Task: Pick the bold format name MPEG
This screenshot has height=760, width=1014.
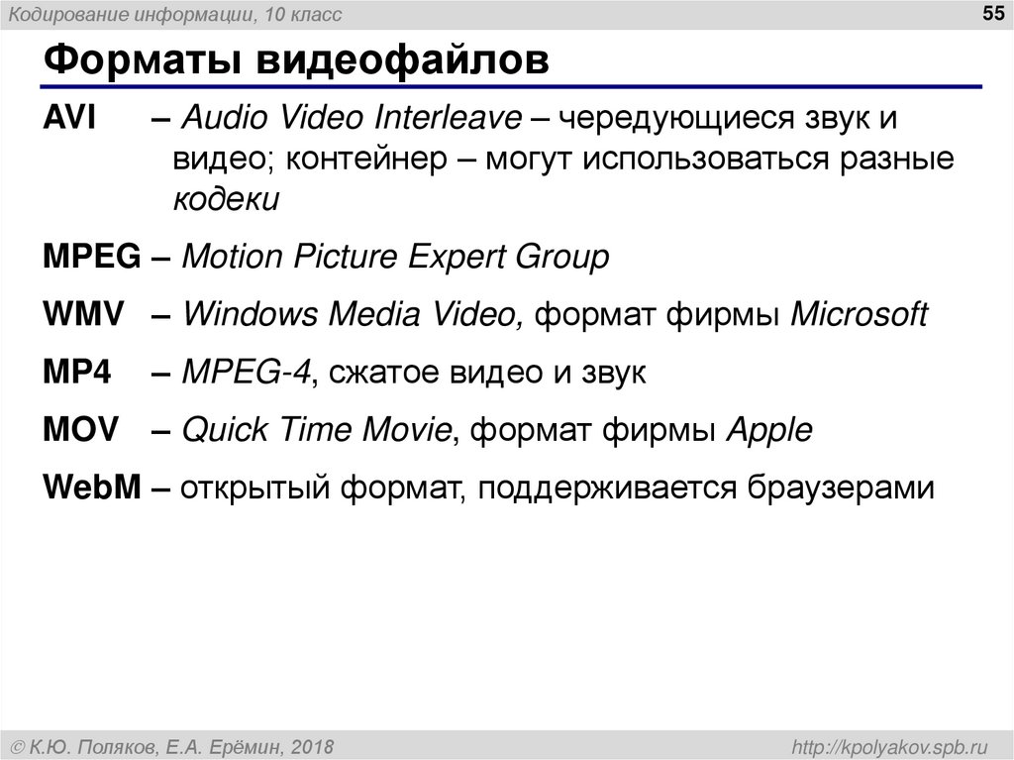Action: click(x=92, y=258)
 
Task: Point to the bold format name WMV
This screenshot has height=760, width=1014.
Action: click(x=83, y=315)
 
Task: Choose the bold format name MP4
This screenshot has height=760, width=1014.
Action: click(x=76, y=373)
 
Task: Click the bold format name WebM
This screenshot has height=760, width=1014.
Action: click(x=93, y=488)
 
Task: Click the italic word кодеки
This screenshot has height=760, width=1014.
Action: click(x=228, y=199)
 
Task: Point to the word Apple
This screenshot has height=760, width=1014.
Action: click(x=769, y=430)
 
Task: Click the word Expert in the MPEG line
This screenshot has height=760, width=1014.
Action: click(x=455, y=258)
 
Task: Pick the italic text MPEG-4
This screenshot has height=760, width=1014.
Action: click(x=248, y=373)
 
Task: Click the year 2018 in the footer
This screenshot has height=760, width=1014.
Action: click(x=312, y=744)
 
